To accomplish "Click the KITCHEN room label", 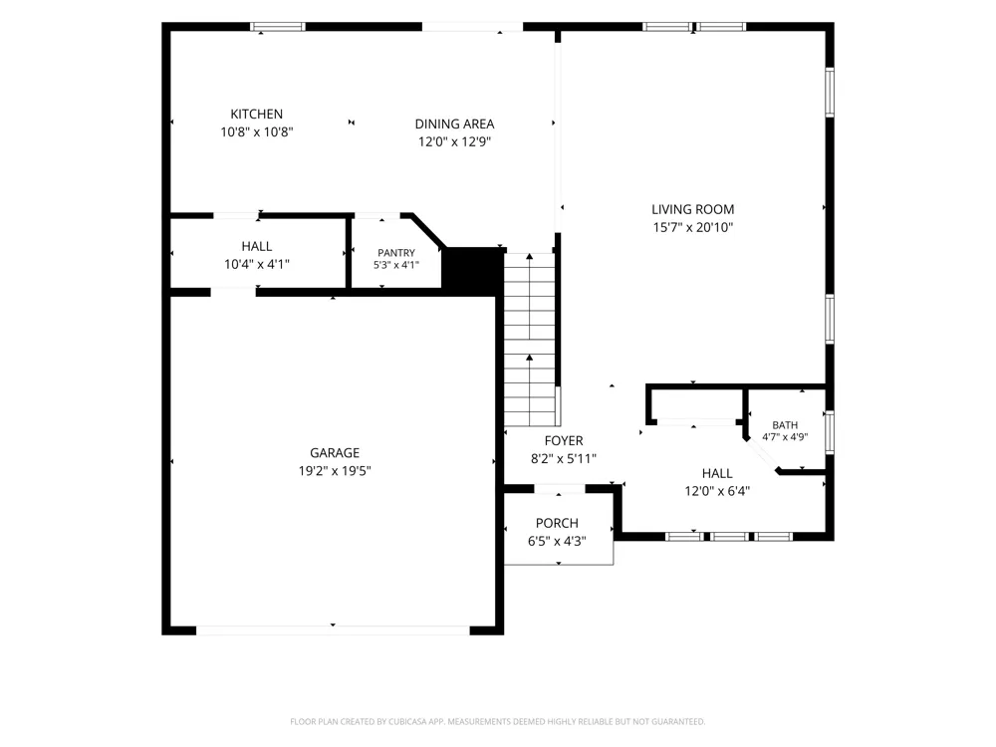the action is pyautogui.click(x=257, y=115).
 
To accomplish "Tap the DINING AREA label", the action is pyautogui.click(x=455, y=124).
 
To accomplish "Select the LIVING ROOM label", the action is pyautogui.click(x=693, y=209).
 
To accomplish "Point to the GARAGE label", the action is pyautogui.click(x=335, y=453).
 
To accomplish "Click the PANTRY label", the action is pyautogui.click(x=396, y=253).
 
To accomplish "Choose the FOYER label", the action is pyautogui.click(x=564, y=441).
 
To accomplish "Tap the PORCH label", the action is pyautogui.click(x=557, y=524).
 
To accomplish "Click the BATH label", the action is pyautogui.click(x=785, y=425).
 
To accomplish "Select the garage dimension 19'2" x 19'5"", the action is pyautogui.click(x=335, y=471).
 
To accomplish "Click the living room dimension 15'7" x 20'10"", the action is pyautogui.click(x=693, y=227).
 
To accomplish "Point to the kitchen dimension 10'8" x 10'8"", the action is pyautogui.click(x=257, y=132).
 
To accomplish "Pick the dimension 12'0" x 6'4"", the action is pyautogui.click(x=717, y=491).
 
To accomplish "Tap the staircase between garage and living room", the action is pyautogui.click(x=530, y=340).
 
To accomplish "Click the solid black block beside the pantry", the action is pyautogui.click(x=472, y=271).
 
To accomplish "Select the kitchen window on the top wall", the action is pyautogui.click(x=278, y=27).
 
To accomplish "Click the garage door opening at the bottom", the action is pyautogui.click(x=333, y=630).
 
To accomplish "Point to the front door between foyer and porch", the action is pyautogui.click(x=559, y=488).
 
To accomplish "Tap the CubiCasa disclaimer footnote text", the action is pyautogui.click(x=497, y=721).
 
